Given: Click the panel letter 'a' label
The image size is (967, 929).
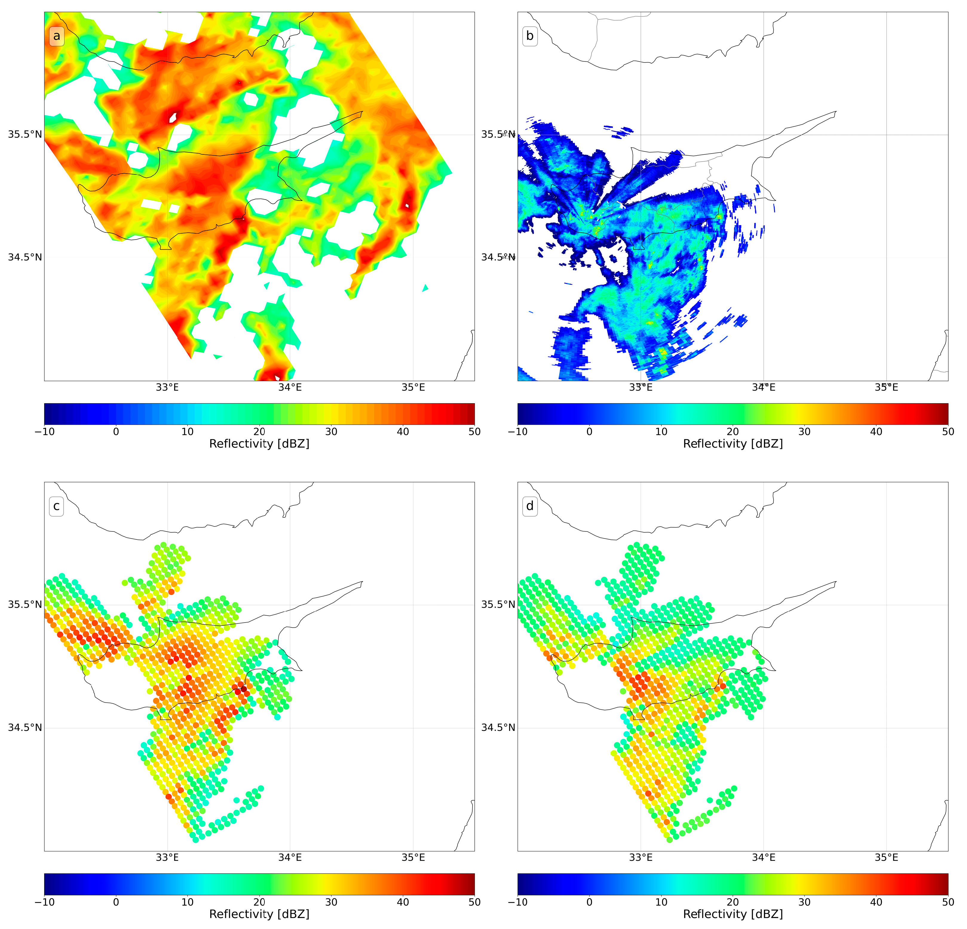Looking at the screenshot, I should pyautogui.click(x=56, y=36).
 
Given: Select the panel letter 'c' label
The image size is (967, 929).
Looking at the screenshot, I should pyautogui.click(x=56, y=506).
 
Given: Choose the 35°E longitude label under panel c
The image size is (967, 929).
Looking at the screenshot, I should pyautogui.click(x=413, y=858).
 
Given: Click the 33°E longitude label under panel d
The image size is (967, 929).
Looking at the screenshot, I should pyautogui.click(x=640, y=858).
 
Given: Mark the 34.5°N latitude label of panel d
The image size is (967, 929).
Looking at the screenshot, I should pyautogui.click(x=498, y=728).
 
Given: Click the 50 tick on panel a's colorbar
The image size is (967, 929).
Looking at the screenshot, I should pyautogui.click(x=474, y=432).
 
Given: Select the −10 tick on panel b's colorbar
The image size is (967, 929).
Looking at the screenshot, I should pyautogui.click(x=517, y=432).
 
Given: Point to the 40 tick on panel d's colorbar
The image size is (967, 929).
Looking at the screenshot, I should pyautogui.click(x=876, y=902).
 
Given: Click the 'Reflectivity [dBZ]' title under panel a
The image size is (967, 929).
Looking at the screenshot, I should pyautogui.click(x=259, y=444).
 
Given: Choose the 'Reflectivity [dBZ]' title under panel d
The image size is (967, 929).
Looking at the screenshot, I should pyautogui.click(x=733, y=914).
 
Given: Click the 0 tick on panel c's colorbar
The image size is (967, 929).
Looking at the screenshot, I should pyautogui.click(x=116, y=902).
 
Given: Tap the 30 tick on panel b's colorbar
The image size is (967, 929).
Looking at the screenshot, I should pyautogui.click(x=804, y=432).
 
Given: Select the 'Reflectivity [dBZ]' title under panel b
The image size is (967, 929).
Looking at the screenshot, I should pyautogui.click(x=733, y=444).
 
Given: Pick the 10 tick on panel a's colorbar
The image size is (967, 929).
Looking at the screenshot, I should pyautogui.click(x=188, y=432).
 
